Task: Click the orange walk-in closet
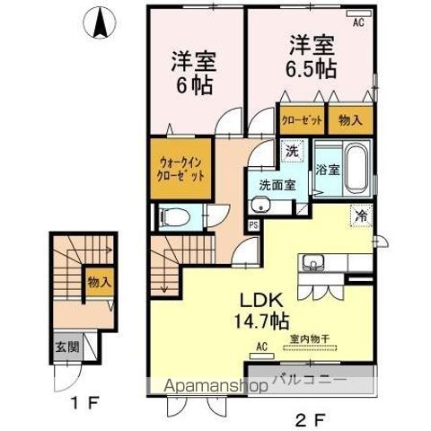pos(182,169)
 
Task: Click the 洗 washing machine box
pos(291,152)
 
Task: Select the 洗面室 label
pos(277,185)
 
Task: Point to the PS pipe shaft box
pos(253,225)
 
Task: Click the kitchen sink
pos(314,263)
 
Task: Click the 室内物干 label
pos(310,339)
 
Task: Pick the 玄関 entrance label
pos(68,347)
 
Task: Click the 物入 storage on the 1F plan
pos(99,282)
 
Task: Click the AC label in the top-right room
pos(358,24)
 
